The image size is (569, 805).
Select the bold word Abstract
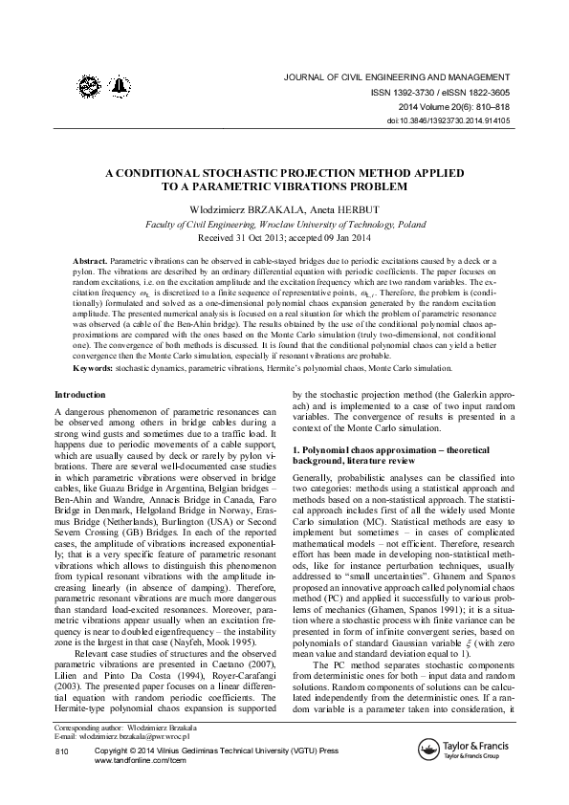(91, 261)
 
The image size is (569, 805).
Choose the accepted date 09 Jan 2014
(338, 236)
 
